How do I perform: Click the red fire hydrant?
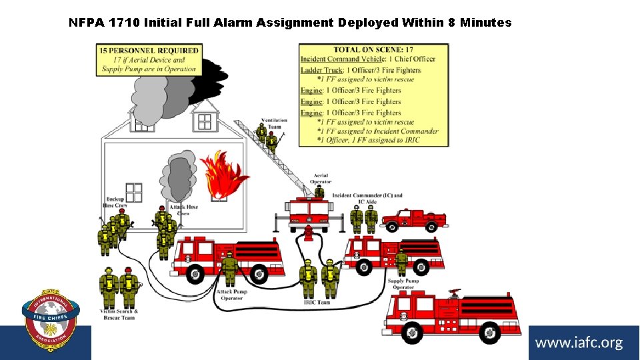[308, 234]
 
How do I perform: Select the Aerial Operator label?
[320, 179]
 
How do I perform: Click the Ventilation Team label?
[274, 123]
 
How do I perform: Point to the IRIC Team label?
[317, 303]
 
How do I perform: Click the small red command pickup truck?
[414, 219]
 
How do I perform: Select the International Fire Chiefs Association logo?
[51, 321]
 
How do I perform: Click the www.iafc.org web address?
[579, 343]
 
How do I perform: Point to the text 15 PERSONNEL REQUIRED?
[149, 50]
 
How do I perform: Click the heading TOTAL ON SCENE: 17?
[373, 49]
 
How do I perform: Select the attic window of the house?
[204, 121]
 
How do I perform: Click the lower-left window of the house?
[134, 192]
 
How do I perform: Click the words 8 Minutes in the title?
[485, 23]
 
